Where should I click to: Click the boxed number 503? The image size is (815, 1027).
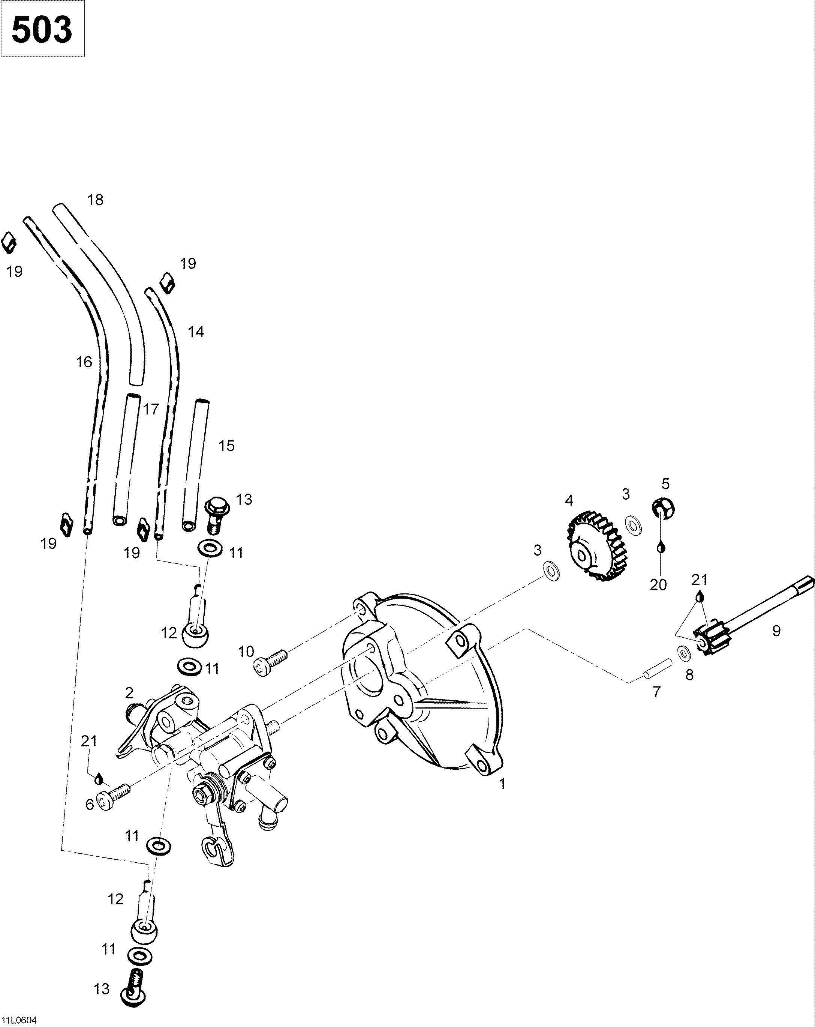coord(42,29)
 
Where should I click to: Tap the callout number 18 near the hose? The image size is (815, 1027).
coord(95,200)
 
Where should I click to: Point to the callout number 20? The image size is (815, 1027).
coord(658,584)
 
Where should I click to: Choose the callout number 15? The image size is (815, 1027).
coord(226,446)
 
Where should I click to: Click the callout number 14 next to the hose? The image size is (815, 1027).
coord(196,332)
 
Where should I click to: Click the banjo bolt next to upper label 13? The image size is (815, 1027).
coord(217,515)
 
